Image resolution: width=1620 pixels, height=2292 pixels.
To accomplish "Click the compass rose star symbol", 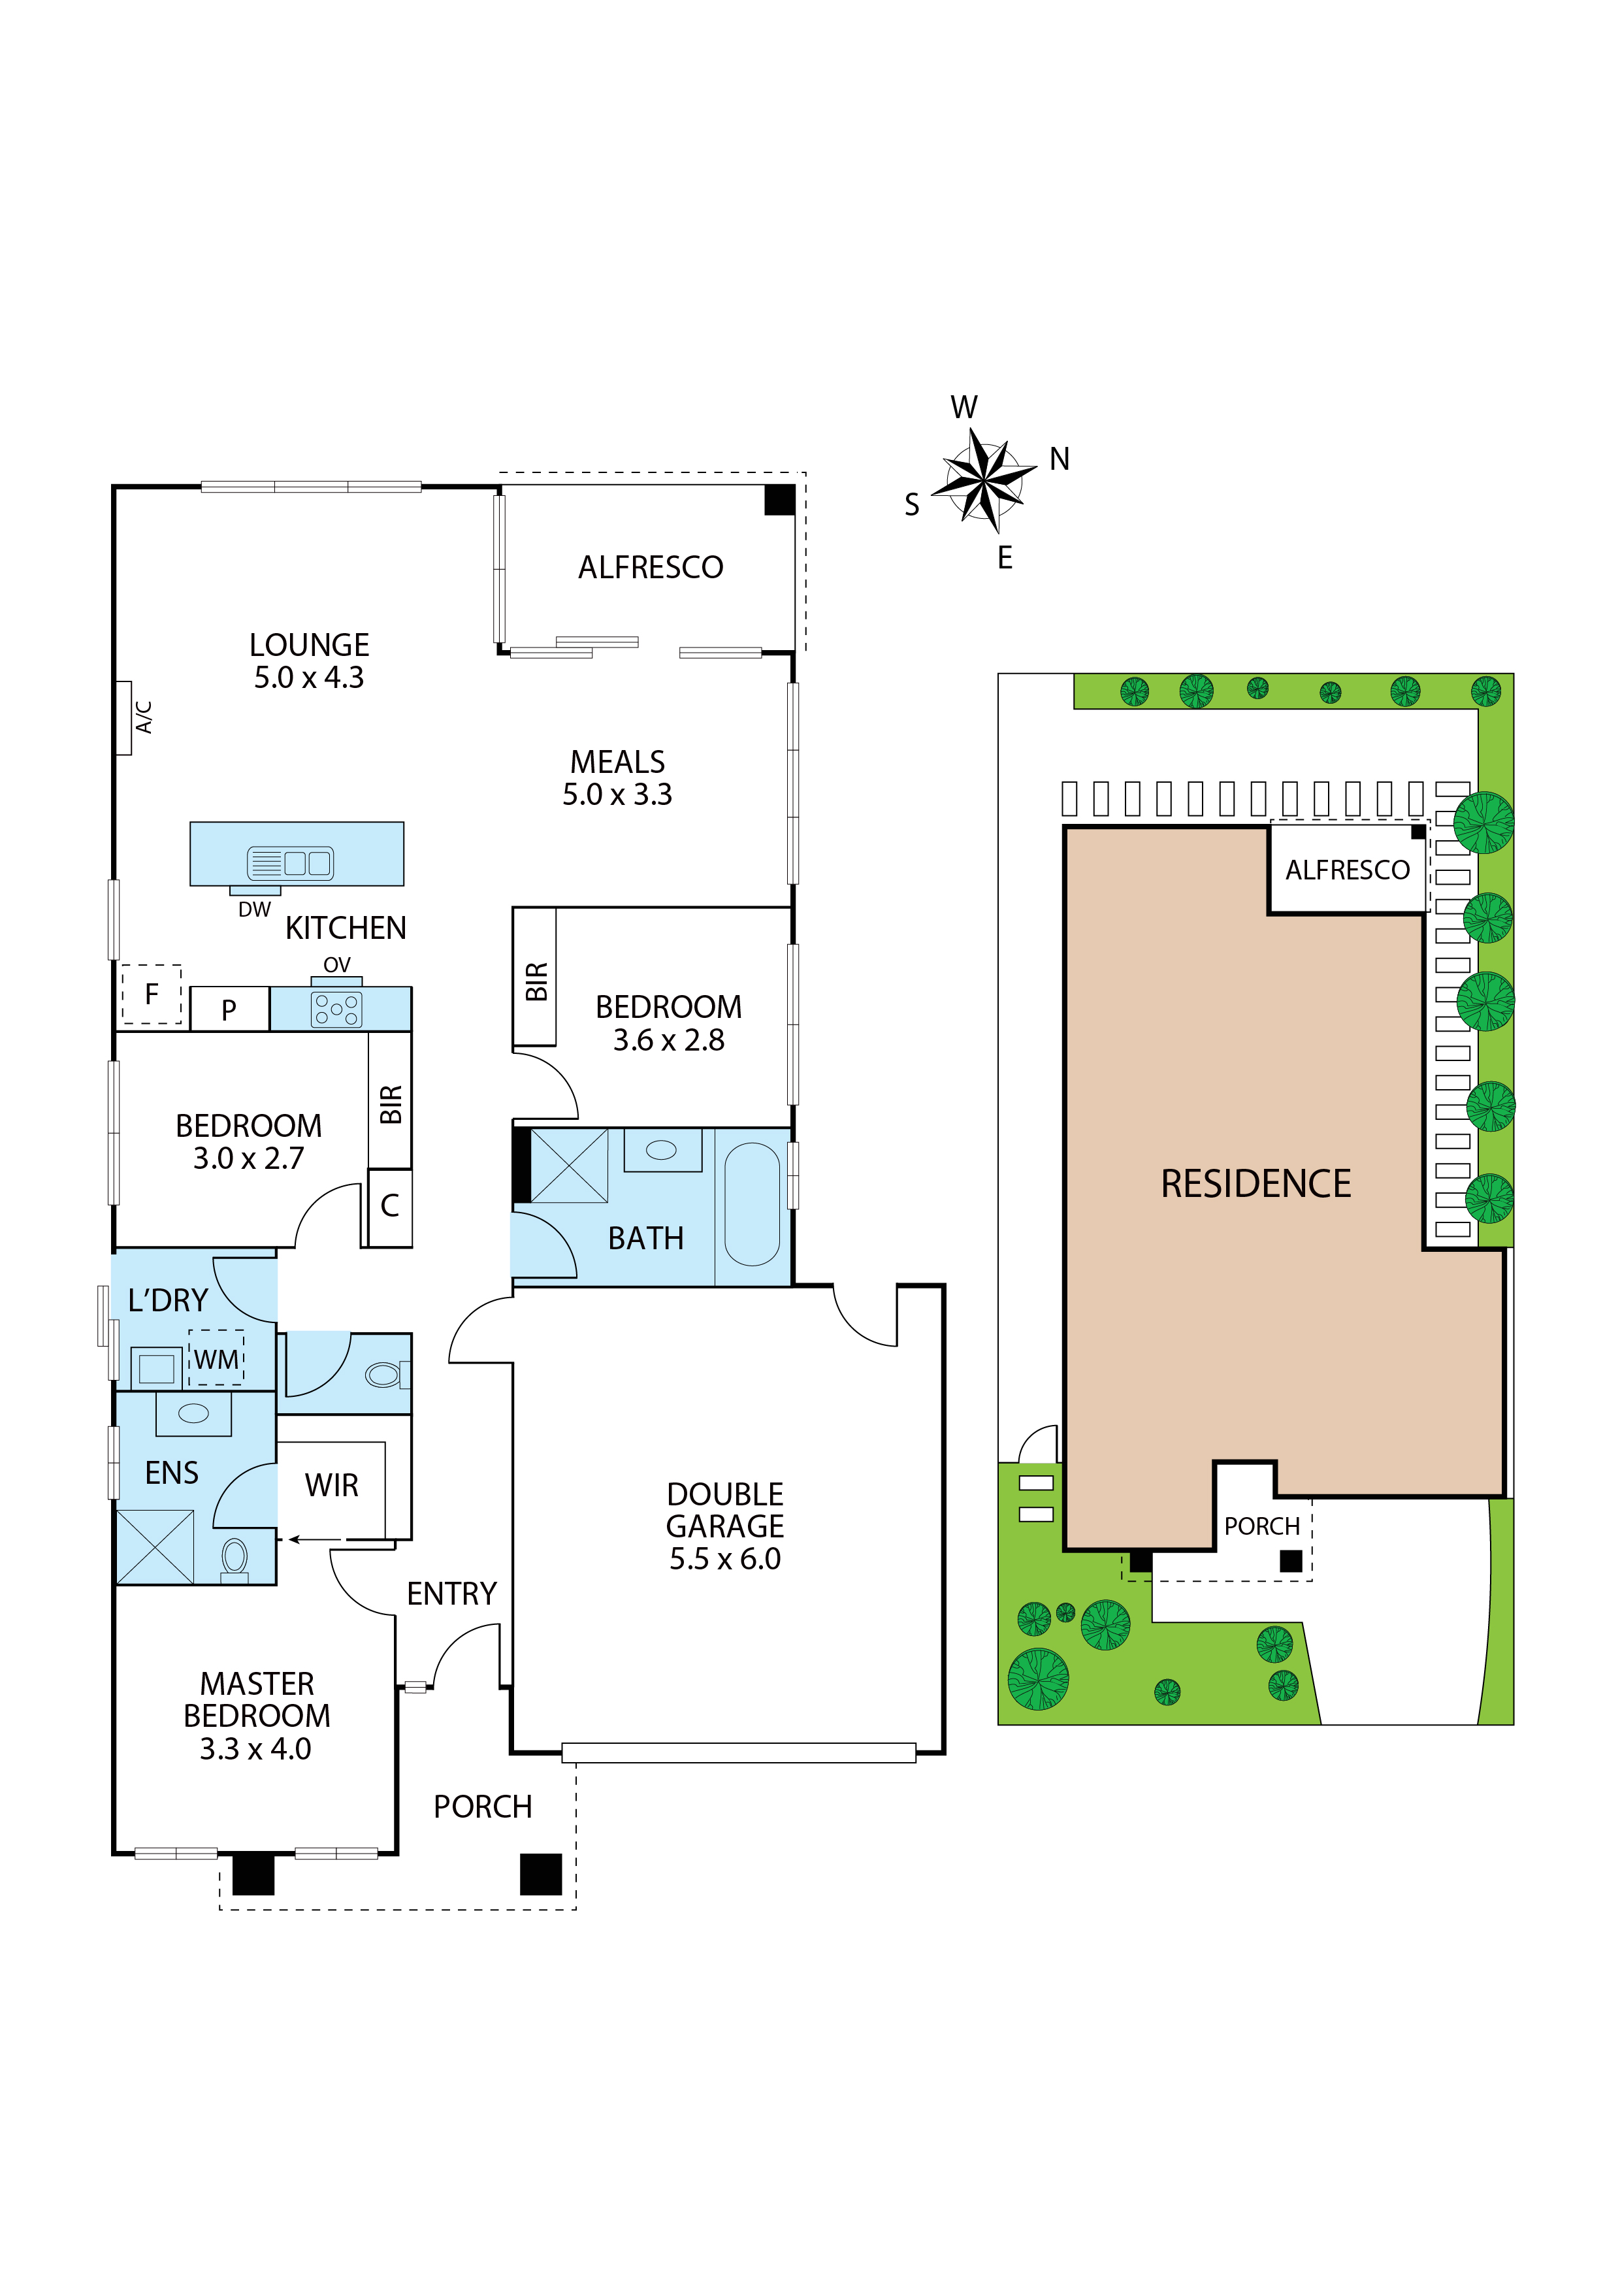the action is coord(984,481).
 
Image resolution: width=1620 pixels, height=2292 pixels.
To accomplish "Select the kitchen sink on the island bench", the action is coord(291,862).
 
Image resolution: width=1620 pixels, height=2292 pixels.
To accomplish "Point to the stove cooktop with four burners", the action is coord(336,1009).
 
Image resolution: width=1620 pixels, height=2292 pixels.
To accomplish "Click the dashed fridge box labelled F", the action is coord(152,994).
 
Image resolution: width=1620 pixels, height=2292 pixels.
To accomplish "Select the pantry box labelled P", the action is coord(229,1009).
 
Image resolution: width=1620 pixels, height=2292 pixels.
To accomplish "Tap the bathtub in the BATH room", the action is coord(752,1205).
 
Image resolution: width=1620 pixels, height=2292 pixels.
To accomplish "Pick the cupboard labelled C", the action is coord(389,1207).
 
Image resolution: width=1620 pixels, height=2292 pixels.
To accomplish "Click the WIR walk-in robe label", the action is coord(331,1485).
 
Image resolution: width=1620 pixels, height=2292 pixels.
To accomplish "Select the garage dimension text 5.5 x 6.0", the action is coord(724,1560).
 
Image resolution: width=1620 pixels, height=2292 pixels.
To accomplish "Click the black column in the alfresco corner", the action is coord(779,499).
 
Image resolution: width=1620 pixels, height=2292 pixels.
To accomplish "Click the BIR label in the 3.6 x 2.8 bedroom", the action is coord(536,981).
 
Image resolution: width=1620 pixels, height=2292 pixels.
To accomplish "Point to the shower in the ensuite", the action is coord(155,1547).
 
